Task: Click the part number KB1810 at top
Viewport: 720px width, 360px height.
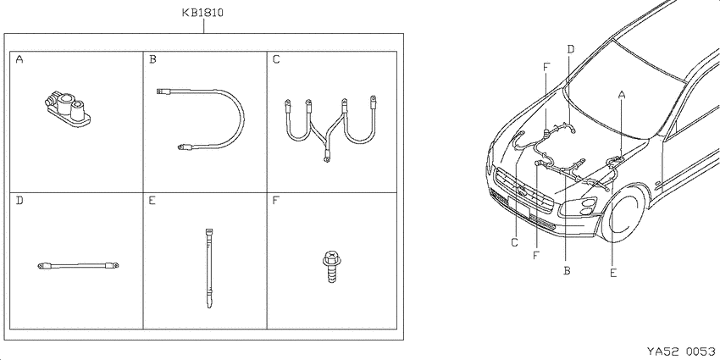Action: tap(202, 13)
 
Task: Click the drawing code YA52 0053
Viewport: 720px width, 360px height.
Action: tap(681, 352)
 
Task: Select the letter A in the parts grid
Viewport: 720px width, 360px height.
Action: tap(19, 59)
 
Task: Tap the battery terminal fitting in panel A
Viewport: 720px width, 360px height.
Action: tap(67, 108)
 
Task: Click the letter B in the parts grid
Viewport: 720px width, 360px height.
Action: tap(153, 59)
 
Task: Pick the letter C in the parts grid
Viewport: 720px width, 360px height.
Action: tap(276, 59)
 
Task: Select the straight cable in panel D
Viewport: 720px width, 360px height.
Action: tap(78, 265)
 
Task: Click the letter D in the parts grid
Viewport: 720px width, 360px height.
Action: tap(19, 201)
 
